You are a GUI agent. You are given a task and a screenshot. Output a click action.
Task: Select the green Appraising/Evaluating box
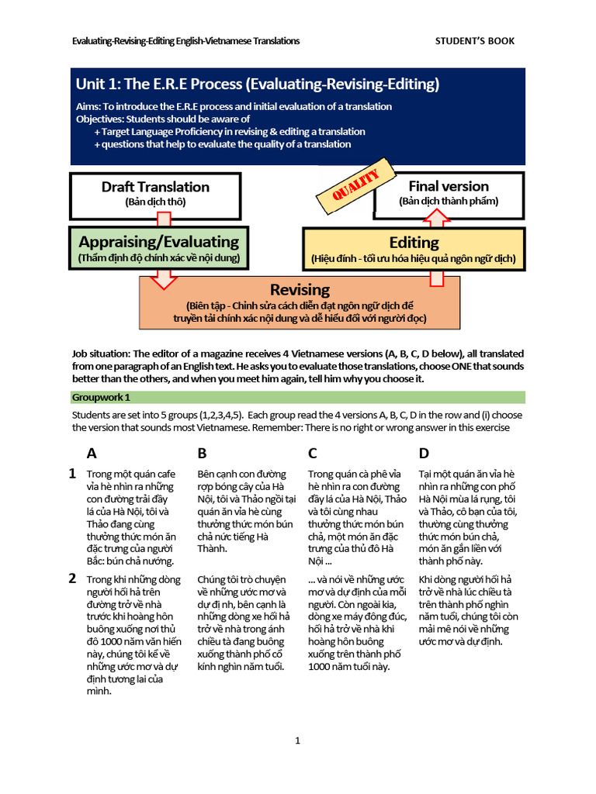(x=159, y=249)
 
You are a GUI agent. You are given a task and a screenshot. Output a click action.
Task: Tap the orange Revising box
(x=300, y=303)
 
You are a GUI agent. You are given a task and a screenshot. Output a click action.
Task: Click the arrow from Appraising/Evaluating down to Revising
(x=163, y=278)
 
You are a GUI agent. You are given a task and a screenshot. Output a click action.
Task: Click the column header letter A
(x=92, y=454)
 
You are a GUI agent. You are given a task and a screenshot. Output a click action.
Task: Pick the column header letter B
(x=203, y=454)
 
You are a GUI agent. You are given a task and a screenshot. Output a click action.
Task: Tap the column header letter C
(x=313, y=454)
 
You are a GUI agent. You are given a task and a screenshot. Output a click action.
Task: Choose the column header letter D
(x=424, y=454)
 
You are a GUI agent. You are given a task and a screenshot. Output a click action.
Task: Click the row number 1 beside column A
(x=72, y=473)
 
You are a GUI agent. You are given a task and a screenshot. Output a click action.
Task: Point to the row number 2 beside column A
(x=72, y=578)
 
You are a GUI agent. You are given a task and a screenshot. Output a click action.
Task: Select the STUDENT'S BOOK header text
(x=474, y=41)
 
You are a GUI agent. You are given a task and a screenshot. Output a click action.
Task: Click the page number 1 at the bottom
(x=297, y=741)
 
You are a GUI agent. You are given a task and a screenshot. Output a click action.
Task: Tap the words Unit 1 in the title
(x=98, y=84)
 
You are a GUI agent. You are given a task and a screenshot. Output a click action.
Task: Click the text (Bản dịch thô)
(x=155, y=202)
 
